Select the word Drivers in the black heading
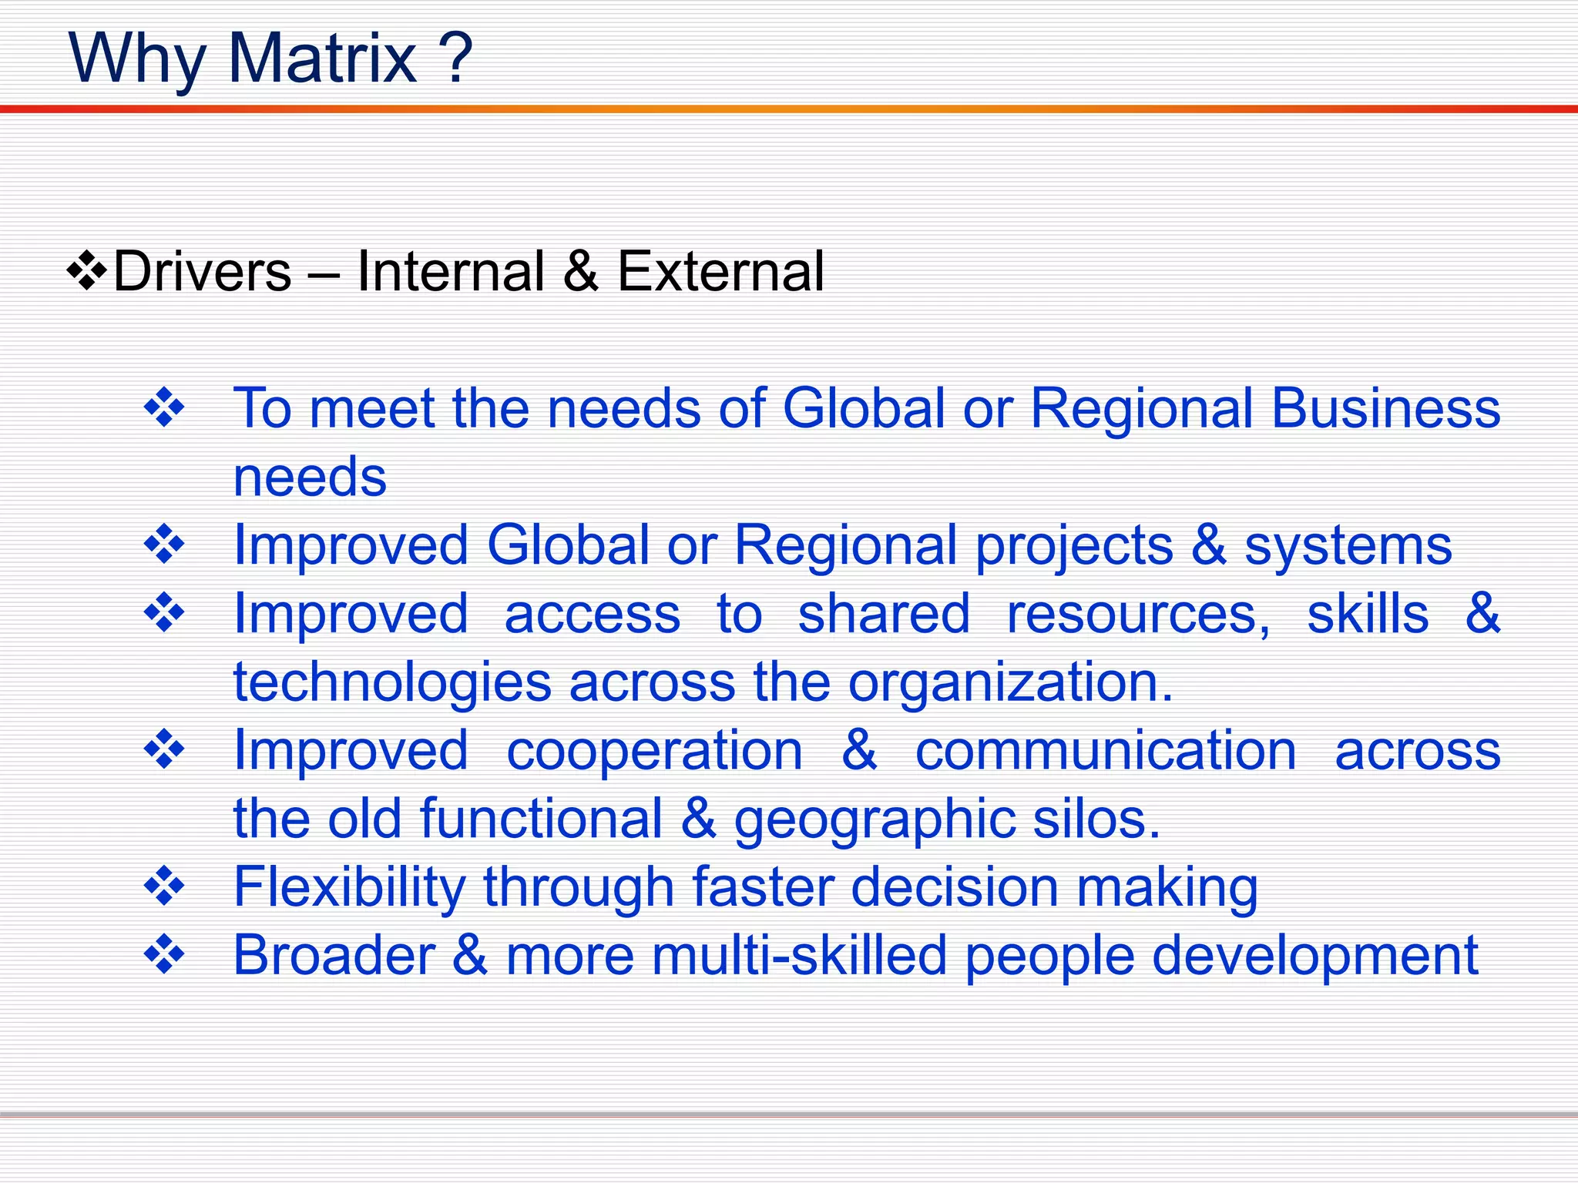203,272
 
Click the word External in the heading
720,272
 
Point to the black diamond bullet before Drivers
87,271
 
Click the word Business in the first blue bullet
1385,408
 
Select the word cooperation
655,751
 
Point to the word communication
1106,751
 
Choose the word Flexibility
349,888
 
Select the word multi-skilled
799,956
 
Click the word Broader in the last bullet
334,956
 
